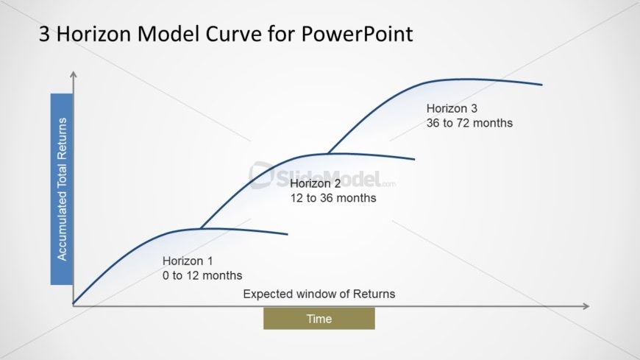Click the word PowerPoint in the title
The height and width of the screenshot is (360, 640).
[357, 34]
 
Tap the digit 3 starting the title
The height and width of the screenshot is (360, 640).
[44, 34]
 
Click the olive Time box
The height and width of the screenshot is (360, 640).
[319, 319]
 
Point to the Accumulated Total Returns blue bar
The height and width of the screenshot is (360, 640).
[62, 189]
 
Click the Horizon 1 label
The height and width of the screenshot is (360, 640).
[188, 261]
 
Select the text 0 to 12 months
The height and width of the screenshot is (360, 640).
[202, 275]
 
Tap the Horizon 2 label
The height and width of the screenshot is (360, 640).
[315, 183]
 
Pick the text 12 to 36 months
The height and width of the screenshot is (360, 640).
[333, 198]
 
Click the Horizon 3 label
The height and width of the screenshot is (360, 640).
[452, 108]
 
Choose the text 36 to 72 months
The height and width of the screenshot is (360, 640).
[469, 123]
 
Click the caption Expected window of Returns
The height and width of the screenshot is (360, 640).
[319, 294]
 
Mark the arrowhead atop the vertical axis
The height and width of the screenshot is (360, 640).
[74, 74]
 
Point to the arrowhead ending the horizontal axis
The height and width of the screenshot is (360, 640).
[586, 306]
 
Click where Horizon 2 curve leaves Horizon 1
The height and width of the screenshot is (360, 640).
[202, 228]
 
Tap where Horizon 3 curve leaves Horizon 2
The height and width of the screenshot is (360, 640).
[329, 154]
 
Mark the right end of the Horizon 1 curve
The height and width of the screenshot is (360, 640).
[288, 234]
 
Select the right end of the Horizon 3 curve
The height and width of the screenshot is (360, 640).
[542, 85]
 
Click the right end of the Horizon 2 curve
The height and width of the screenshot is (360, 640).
[414, 159]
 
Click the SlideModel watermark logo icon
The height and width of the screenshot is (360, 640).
[261, 175]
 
